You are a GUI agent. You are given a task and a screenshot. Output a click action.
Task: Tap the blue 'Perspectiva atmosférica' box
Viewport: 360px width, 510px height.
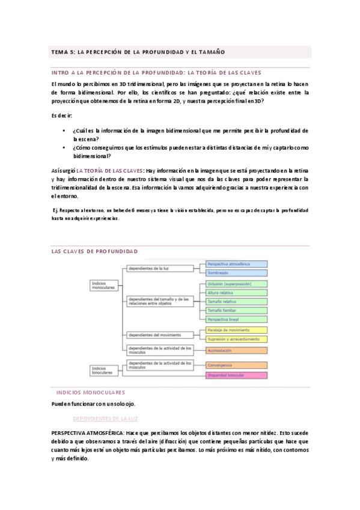point(236,264)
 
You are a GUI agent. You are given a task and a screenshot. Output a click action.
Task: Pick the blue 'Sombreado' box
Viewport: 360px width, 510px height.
point(236,272)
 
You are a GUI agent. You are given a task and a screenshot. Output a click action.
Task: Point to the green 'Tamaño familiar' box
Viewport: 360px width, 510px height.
point(236,310)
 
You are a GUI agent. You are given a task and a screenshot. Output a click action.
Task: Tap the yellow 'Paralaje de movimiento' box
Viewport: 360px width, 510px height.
point(236,330)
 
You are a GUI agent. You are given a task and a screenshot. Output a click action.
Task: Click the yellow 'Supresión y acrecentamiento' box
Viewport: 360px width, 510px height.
point(236,339)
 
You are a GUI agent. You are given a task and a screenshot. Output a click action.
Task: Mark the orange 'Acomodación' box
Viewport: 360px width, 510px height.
point(236,350)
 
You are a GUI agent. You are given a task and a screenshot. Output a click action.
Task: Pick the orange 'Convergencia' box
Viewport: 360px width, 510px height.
point(236,365)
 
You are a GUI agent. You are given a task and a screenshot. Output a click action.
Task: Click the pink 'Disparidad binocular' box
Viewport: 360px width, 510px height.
point(236,375)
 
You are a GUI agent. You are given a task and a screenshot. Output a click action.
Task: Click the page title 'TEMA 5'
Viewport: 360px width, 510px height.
point(139,52)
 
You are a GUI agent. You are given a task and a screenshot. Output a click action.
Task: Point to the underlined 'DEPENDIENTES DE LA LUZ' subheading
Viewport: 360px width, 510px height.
point(105,417)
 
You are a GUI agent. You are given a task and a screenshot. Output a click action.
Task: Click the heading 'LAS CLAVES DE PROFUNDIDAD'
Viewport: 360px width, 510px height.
point(95,251)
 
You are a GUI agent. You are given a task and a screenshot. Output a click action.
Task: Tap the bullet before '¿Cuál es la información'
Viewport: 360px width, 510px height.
point(64,131)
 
